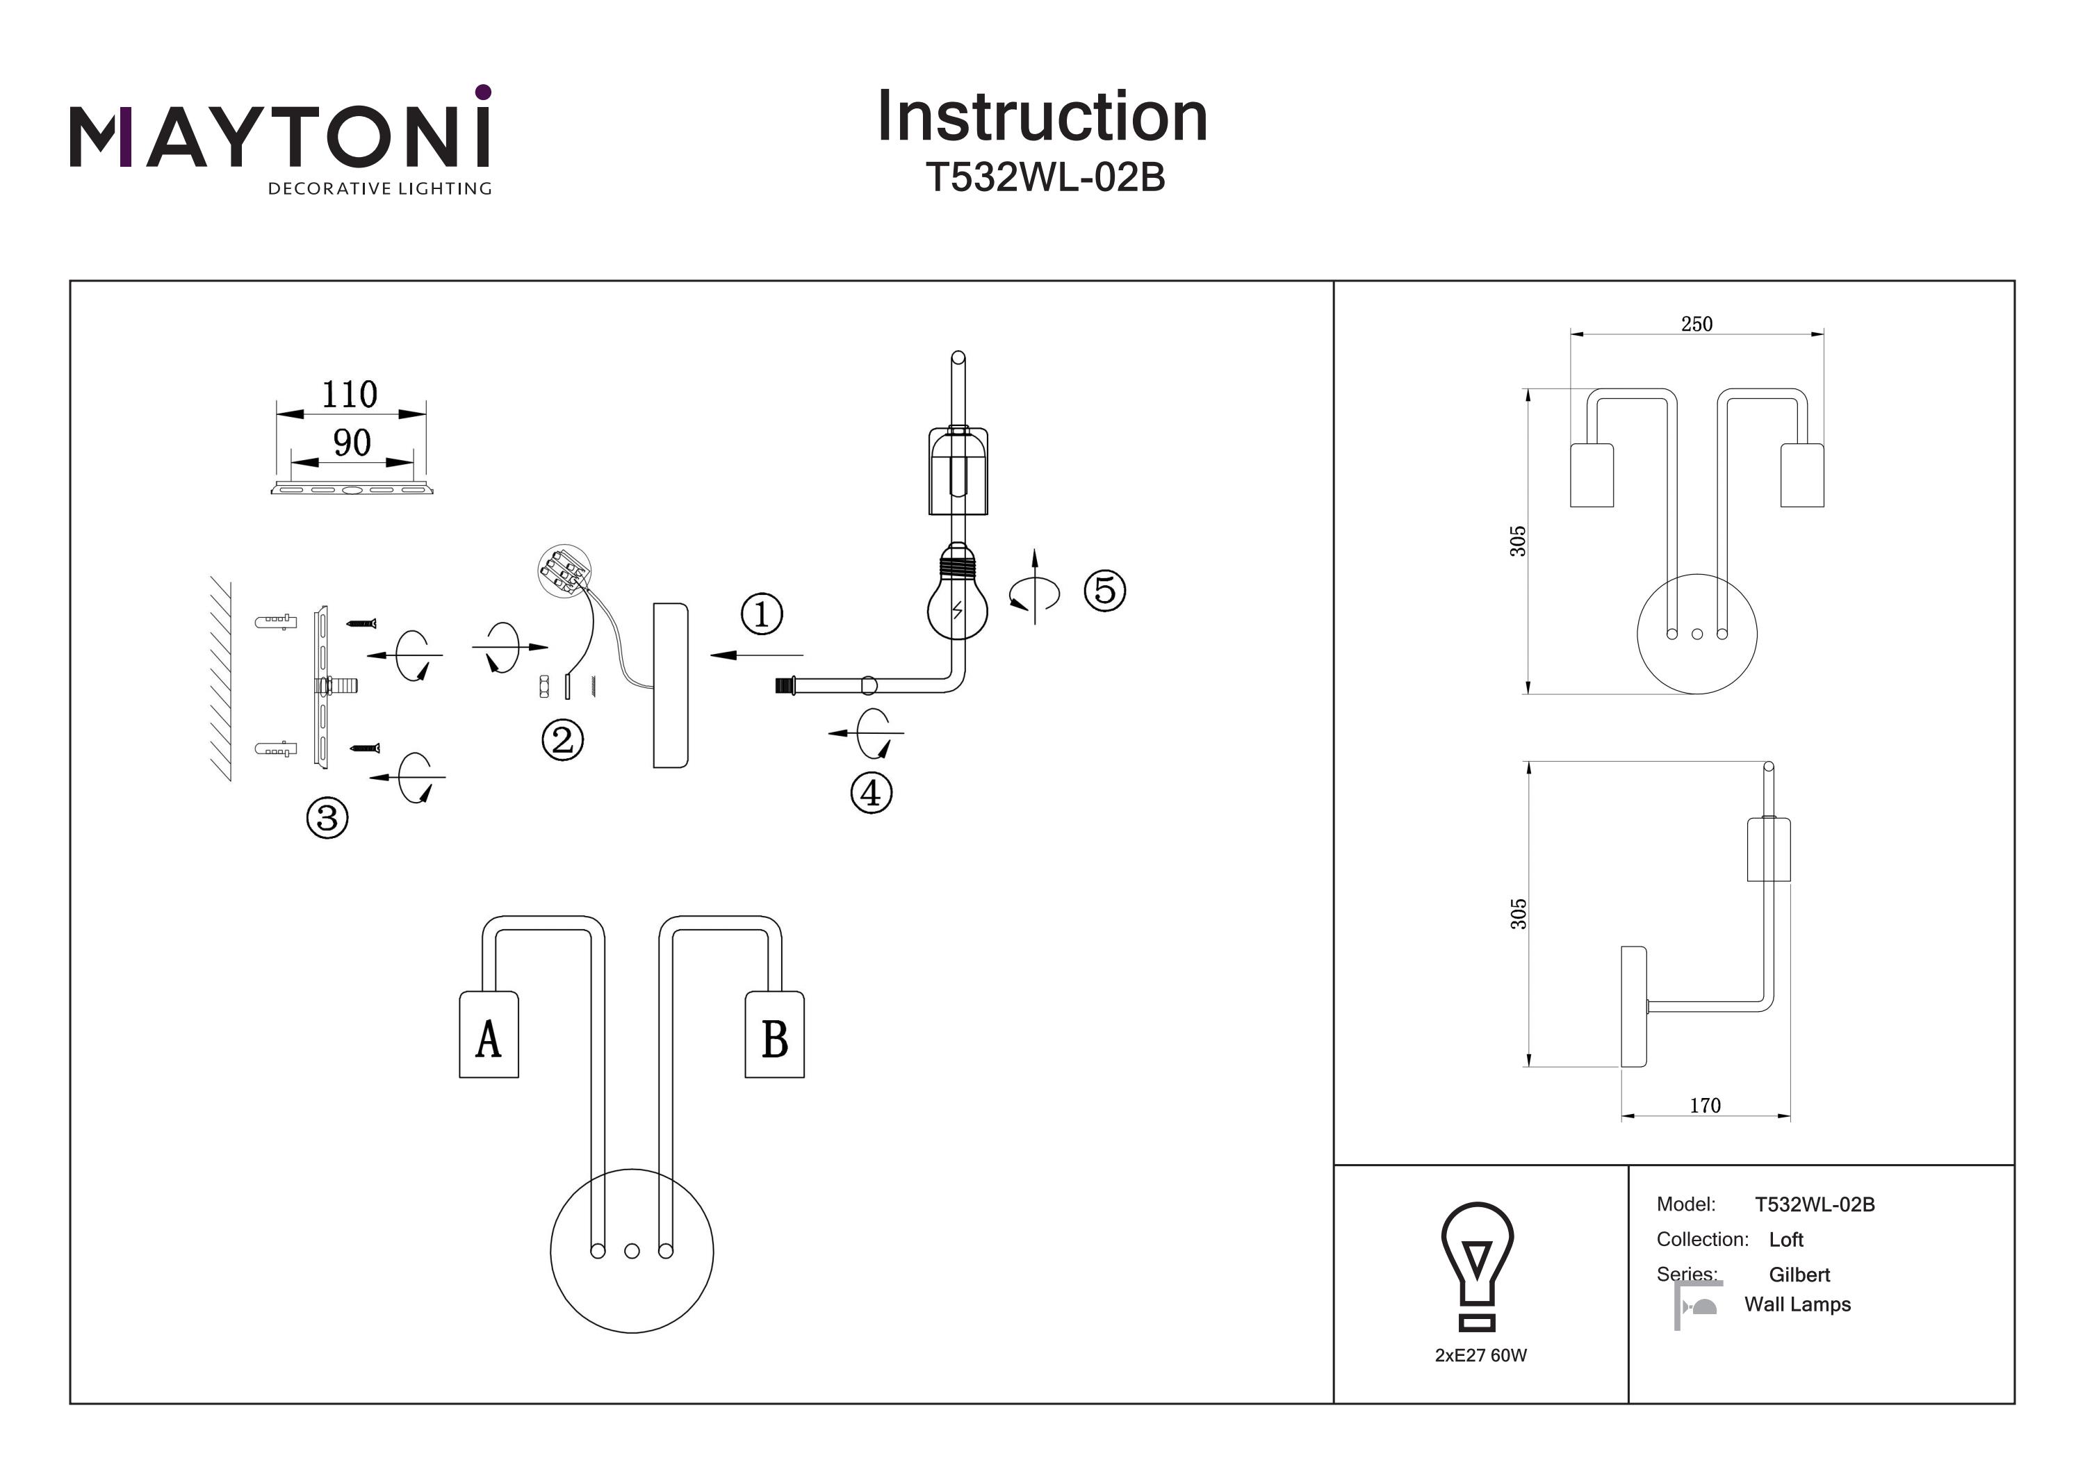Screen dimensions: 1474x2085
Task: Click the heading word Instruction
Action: [1042, 117]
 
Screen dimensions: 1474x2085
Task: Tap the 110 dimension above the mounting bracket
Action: [350, 395]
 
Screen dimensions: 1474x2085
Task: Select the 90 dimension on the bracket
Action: [352, 443]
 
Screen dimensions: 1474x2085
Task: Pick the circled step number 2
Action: [562, 740]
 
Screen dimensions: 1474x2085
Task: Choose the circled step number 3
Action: [327, 817]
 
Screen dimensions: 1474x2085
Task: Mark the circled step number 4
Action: [871, 793]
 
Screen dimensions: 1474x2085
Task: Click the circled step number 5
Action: [1104, 590]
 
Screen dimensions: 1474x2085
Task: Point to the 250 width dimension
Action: [1696, 325]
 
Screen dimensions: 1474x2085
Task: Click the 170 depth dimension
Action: [1705, 1105]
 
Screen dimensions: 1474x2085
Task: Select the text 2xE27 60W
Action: [1480, 1355]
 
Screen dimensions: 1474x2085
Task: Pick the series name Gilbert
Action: [1799, 1275]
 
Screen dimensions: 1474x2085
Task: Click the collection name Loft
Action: [1785, 1240]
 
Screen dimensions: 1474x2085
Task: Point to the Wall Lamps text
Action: [1797, 1304]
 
